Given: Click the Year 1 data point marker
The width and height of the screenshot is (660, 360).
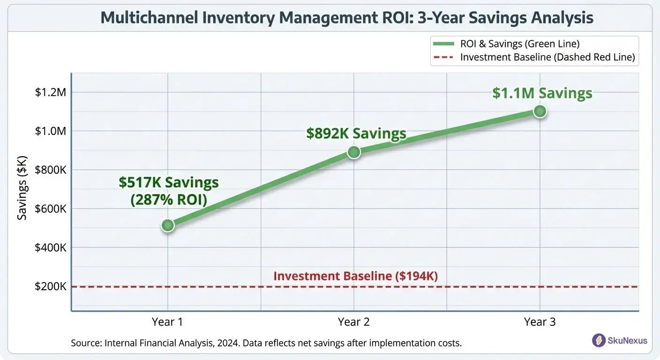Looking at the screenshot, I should pos(168,225).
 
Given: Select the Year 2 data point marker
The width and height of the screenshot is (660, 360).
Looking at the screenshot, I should pos(354,152).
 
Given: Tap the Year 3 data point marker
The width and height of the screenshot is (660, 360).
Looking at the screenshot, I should pos(540,111).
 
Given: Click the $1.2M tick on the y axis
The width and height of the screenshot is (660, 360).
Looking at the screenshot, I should pos(51,92).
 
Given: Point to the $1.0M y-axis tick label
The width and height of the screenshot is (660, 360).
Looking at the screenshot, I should pos(51,131).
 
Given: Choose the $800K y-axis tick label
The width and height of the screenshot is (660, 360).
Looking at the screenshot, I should pos(51,170).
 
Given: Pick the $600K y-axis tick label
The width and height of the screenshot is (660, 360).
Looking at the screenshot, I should pos(51,209).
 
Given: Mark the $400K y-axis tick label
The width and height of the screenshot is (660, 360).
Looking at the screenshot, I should pos(51,247).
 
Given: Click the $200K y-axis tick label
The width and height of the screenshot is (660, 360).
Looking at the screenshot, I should pos(51,286).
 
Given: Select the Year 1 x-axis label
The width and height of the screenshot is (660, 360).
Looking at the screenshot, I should pos(167,322).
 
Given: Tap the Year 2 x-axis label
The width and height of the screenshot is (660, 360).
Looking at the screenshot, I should pos(353,322).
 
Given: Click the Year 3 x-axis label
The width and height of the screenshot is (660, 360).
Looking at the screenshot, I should pos(540,322).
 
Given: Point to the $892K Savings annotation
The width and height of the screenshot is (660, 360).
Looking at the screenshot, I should pos(356,134).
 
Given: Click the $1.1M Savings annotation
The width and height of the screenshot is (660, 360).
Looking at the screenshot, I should pos(542,93).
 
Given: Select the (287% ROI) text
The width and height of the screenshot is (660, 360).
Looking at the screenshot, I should pos(169,199).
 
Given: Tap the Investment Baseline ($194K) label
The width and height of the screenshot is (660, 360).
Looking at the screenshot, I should pos(355,276).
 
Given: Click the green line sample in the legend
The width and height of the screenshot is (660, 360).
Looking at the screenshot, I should pos(443,44).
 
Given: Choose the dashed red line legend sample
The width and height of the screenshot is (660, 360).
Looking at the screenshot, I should pos(443,57).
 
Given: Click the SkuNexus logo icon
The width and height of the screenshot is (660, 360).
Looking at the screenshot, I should pos(599,340).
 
